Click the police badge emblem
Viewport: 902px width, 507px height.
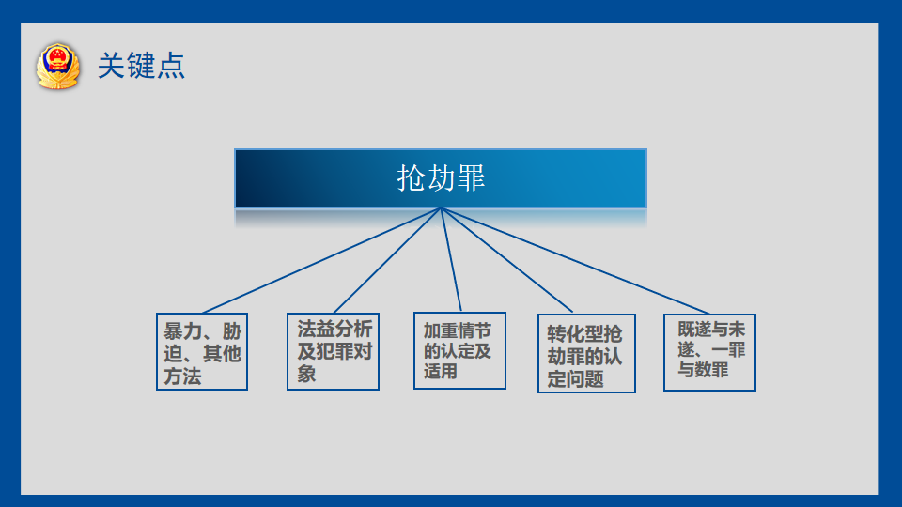coord(57,66)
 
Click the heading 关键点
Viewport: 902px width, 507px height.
coord(141,66)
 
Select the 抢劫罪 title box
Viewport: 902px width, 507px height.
coord(441,178)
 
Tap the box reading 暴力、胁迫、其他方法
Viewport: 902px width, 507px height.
coord(202,352)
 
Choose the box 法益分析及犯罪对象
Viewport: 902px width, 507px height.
coord(333,352)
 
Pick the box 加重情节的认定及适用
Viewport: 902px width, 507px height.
coord(459,350)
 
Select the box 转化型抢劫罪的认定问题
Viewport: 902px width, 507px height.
coord(586,354)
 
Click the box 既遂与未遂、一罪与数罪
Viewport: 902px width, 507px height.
coord(710,352)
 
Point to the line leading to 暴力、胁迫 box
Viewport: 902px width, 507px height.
coord(321,260)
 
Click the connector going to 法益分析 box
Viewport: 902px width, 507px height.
coord(387,260)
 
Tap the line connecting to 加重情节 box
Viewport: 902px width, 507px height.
coord(451,260)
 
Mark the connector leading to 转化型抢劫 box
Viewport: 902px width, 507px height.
coord(506,260)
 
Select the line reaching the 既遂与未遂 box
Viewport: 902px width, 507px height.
coord(575,261)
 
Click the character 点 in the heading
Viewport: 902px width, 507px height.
coord(171,66)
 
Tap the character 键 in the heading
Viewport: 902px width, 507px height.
coord(141,66)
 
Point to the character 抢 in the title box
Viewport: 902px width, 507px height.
coord(412,178)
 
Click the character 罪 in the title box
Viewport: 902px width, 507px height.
coord(471,178)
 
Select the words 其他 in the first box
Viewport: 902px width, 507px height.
coord(222,354)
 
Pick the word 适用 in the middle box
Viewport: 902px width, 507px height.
coord(441,372)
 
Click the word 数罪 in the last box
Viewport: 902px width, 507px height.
coord(712,370)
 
